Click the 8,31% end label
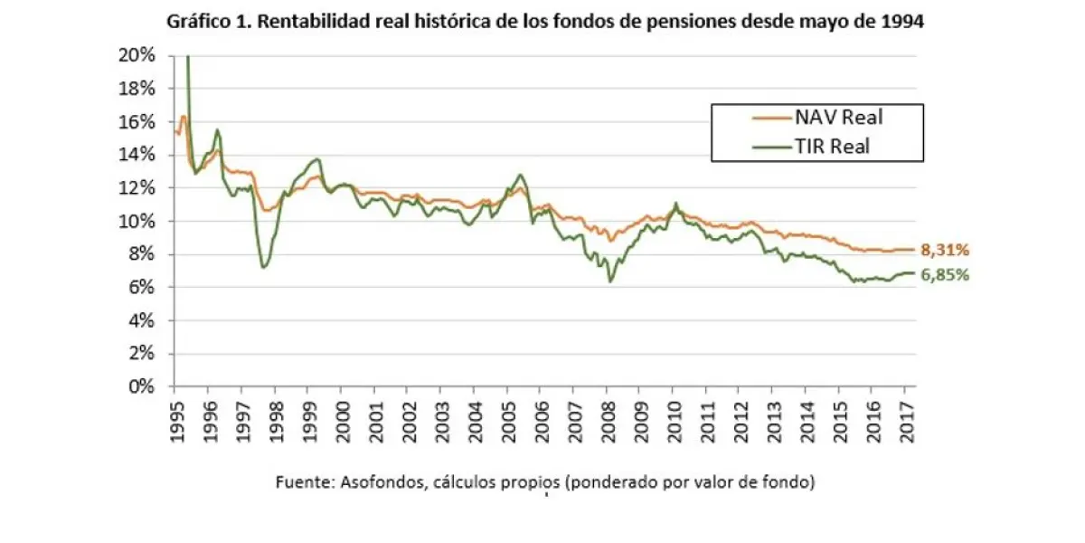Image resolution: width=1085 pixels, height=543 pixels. point(946,250)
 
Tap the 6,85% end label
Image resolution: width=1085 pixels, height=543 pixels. point(946,275)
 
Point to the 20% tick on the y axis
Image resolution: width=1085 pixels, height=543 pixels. point(137,55)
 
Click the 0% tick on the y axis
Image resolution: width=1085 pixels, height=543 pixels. point(142,386)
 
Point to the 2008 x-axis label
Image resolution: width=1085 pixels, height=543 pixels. point(608,417)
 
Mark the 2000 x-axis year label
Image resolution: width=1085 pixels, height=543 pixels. point(341,417)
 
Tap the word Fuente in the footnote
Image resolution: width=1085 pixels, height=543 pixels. point(304,482)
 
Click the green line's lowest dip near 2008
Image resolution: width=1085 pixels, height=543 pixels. point(610,281)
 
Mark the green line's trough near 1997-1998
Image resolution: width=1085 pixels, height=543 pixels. point(263,267)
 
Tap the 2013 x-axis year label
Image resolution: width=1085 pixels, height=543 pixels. point(774,417)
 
